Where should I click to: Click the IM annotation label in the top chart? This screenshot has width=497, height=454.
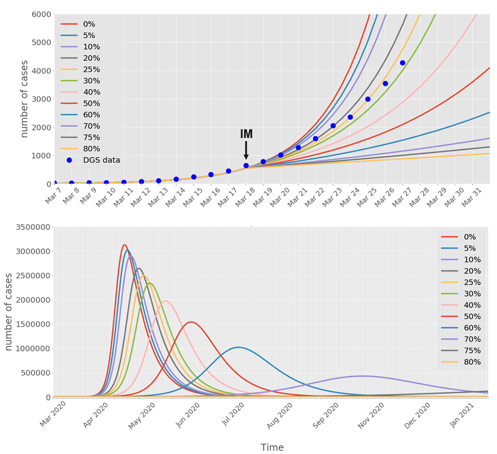[247, 134]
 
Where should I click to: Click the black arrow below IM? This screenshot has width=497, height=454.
[246, 150]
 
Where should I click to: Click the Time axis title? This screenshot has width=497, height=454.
[272, 448]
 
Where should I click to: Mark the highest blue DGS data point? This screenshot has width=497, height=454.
[403, 63]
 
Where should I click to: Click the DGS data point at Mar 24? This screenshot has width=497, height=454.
[350, 117]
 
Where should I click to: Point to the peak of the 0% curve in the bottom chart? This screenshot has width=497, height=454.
[124, 245]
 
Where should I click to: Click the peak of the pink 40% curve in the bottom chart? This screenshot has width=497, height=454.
[166, 300]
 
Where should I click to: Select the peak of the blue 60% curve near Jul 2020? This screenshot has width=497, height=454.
[239, 347]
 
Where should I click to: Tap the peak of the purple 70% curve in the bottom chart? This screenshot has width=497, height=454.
[363, 376]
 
